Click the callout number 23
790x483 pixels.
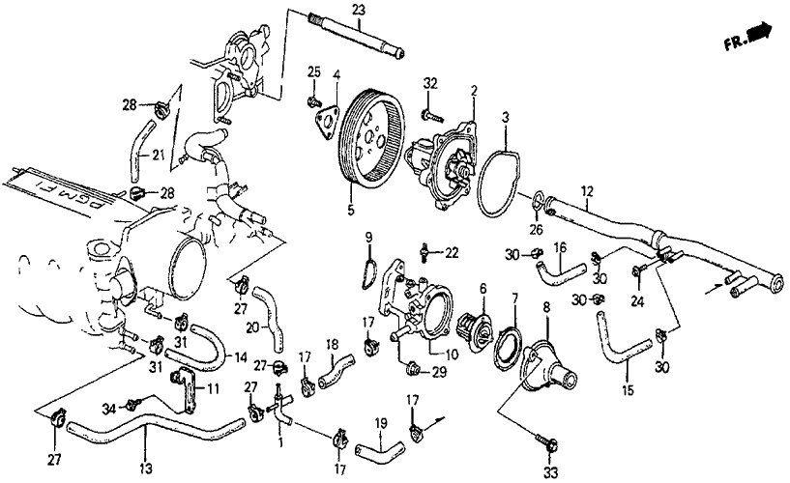click(x=359, y=10)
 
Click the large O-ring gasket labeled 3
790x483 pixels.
click(x=504, y=184)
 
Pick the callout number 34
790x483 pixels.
click(x=135, y=410)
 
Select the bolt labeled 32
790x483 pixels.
click(x=426, y=116)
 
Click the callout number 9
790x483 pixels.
click(x=368, y=238)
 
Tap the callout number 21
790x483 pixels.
click(x=143, y=154)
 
